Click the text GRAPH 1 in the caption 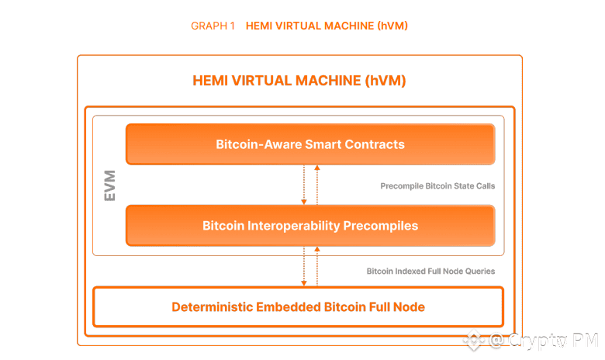[213, 26]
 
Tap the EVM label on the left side [109, 187]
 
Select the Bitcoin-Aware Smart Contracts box [310, 144]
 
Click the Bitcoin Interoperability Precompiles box [310, 226]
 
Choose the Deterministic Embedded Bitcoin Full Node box [298, 306]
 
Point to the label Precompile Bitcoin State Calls [437, 186]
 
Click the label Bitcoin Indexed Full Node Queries [430, 272]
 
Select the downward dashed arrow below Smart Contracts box [304, 185]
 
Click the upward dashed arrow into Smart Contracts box [317, 185]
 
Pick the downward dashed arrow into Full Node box [304, 266]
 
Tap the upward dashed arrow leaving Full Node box [317, 266]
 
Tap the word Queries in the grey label [479, 272]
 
